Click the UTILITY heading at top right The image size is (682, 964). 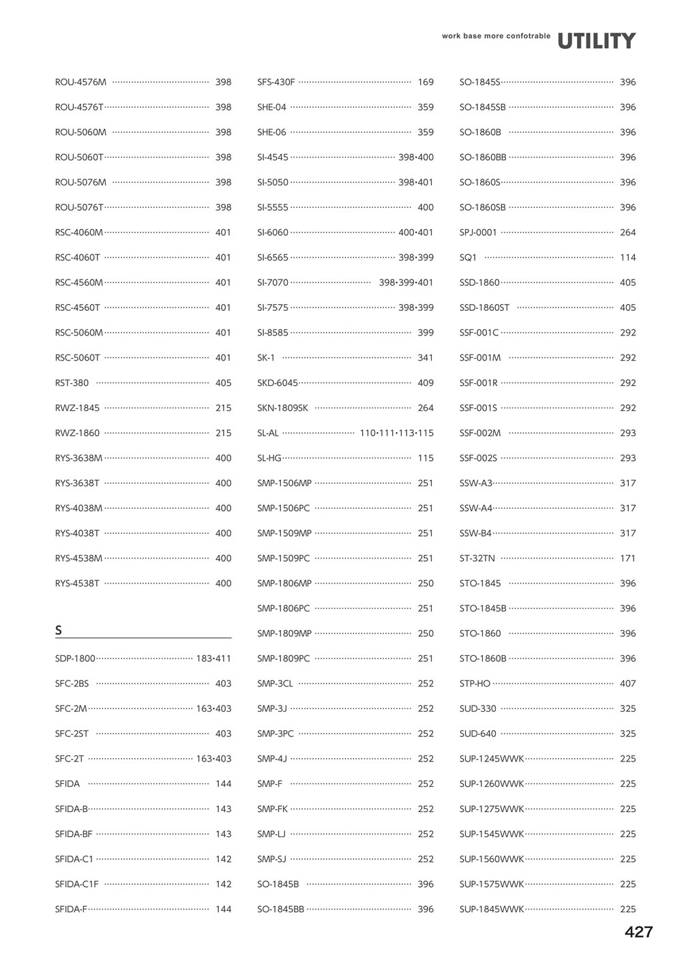(x=596, y=41)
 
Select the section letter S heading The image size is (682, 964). (x=59, y=631)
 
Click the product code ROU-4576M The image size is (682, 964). (x=80, y=82)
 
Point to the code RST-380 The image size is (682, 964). (x=72, y=383)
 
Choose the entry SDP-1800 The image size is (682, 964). (x=75, y=659)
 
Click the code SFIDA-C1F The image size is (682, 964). (x=76, y=884)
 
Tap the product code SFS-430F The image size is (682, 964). (x=276, y=82)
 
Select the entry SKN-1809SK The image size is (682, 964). (x=282, y=408)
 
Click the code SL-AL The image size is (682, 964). (x=268, y=433)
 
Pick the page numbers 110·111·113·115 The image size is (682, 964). (x=396, y=433)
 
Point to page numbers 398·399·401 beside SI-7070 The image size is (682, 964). (x=406, y=283)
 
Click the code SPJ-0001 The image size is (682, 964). (x=478, y=232)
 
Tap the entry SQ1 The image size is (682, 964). (x=468, y=258)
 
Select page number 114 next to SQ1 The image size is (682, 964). (x=627, y=258)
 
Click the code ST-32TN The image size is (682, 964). (x=477, y=558)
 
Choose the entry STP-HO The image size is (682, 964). (x=475, y=684)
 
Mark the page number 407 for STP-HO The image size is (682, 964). (x=627, y=684)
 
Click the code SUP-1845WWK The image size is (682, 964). (x=492, y=909)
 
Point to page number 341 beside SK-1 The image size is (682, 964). (x=426, y=358)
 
